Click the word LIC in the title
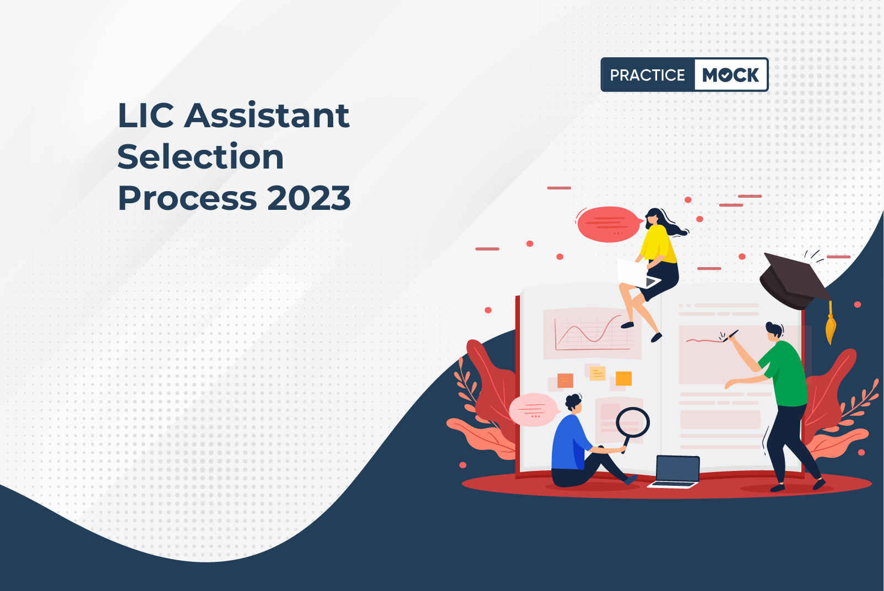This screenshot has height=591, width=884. [145, 115]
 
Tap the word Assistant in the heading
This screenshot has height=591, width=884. [267, 115]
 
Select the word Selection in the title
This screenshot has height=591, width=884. [200, 156]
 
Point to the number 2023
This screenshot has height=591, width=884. [309, 198]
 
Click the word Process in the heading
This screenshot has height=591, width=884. [187, 198]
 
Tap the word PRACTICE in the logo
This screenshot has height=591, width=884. [647, 75]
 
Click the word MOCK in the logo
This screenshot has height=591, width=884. [730, 75]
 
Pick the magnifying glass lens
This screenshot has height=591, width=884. [633, 422]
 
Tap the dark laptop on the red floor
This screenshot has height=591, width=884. [674, 472]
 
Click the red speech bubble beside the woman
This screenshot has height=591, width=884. [608, 224]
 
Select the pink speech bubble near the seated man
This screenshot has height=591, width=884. [534, 410]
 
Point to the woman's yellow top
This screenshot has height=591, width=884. [657, 244]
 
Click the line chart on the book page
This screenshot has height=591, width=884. [591, 333]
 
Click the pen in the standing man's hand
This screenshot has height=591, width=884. [730, 336]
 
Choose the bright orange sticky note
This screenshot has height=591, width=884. [623, 378]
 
